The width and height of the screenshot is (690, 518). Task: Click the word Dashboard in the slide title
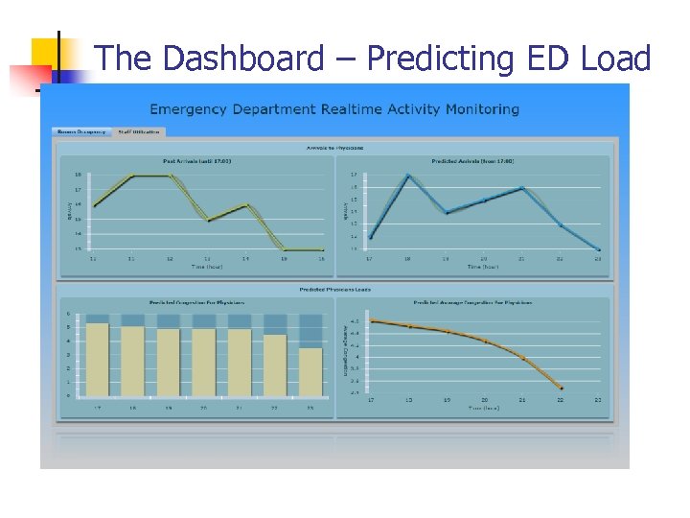243,59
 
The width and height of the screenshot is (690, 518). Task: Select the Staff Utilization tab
140,131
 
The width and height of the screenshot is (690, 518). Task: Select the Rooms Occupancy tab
82,131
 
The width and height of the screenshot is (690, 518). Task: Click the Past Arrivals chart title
196,160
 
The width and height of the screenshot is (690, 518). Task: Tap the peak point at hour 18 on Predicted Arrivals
408,176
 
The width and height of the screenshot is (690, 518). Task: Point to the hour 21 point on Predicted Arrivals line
522,188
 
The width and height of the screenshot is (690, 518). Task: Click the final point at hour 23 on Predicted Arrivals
598,250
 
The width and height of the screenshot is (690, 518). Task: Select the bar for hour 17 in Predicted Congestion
97,359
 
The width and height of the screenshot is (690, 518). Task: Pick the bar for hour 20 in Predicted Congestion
204,362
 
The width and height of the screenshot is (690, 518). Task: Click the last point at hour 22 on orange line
561,388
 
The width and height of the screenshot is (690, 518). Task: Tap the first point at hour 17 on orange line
372,320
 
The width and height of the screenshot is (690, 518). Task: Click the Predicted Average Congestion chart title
472,302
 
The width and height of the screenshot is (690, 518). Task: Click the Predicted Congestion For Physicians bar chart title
196,302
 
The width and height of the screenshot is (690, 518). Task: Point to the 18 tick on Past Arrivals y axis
78,175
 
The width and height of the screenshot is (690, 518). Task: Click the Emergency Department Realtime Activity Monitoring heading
334,108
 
